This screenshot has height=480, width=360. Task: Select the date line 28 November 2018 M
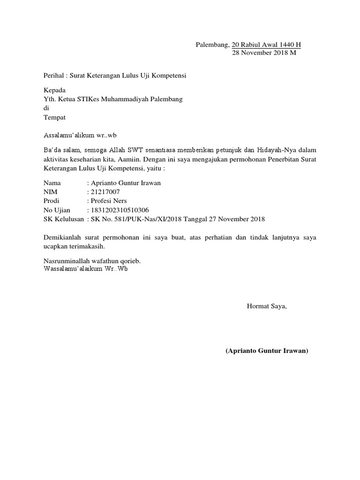pos(264,53)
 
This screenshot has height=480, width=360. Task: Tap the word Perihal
pos(53,75)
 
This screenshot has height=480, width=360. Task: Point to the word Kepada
pos(54,90)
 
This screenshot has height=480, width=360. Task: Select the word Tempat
pos(54,117)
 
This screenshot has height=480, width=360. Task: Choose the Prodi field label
pos(52,201)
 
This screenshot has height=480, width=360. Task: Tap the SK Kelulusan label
pos(64,219)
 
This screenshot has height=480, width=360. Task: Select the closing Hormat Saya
pos(266,307)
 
